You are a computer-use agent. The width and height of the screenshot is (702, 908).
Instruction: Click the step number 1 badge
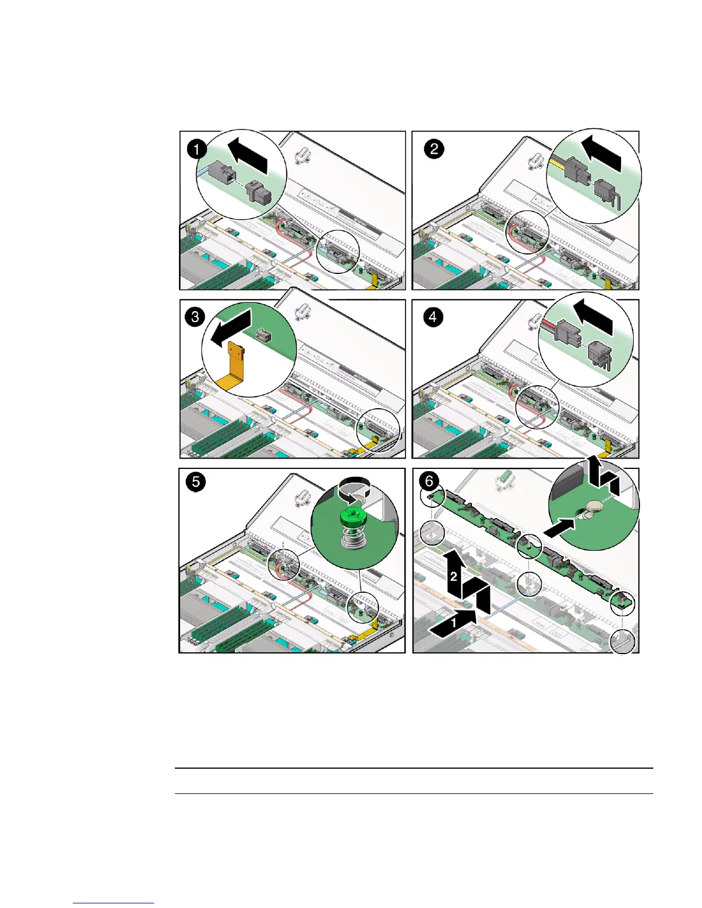197,149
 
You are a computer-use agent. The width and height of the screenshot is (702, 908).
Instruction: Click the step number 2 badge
434,149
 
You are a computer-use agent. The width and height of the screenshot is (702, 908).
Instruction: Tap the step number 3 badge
195,317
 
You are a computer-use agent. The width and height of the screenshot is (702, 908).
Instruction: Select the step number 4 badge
433,317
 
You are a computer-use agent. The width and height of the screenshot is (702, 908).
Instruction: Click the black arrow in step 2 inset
602,154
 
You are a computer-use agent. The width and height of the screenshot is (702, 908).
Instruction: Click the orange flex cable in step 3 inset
234,367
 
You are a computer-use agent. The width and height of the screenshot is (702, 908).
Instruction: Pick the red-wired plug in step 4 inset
567,332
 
